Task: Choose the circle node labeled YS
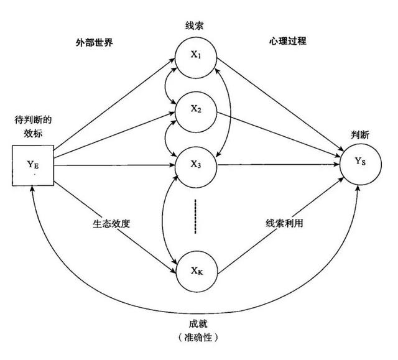pyautogui.click(x=360, y=164)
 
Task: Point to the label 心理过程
pyautogui.click(x=289, y=42)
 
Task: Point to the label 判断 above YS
pyautogui.click(x=359, y=132)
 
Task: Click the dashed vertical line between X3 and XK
pyautogui.click(x=196, y=216)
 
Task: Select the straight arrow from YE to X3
pyautogui.click(x=112, y=165)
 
